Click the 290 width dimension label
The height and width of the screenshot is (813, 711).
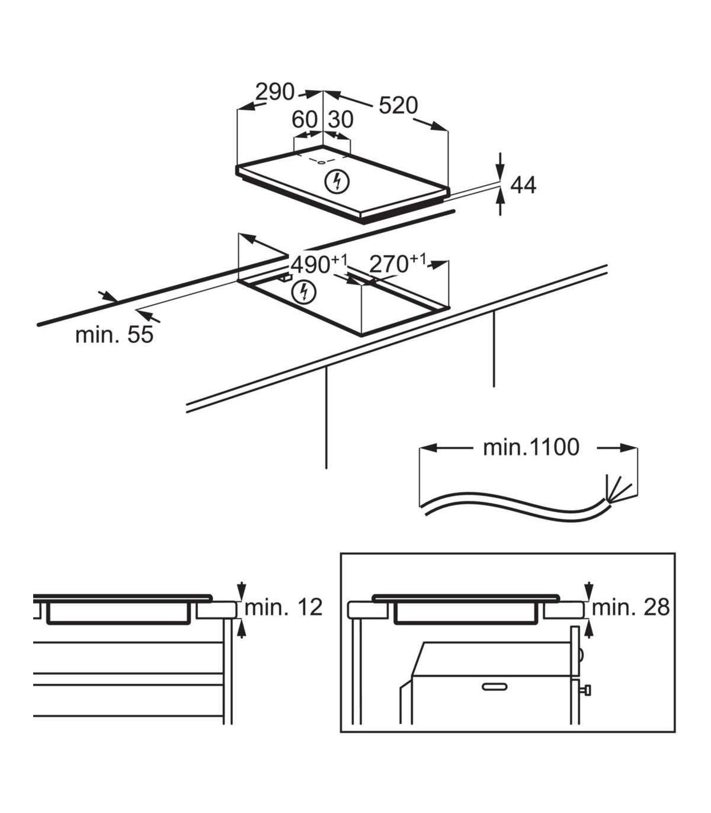click(275, 92)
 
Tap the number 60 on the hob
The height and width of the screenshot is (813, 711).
click(305, 120)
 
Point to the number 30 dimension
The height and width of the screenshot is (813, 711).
click(341, 120)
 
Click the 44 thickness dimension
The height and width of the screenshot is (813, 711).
click(523, 185)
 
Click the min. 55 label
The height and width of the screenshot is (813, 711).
click(114, 335)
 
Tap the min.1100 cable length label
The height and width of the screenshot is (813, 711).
click(531, 447)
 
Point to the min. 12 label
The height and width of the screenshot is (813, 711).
click(284, 607)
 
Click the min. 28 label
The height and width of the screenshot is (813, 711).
click(630, 607)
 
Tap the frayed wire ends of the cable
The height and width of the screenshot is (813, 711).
click(613, 488)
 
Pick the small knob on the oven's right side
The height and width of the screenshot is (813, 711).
click(587, 690)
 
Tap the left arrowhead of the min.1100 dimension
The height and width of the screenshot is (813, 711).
click(428, 448)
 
